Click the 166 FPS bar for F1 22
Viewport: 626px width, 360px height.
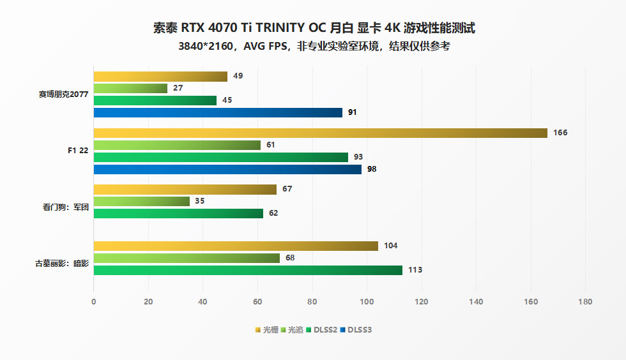(x=320, y=133)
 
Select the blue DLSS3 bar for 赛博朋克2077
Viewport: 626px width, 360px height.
(x=218, y=112)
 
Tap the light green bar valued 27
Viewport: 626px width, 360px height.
(x=130, y=88)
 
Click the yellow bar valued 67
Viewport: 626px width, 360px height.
(x=185, y=189)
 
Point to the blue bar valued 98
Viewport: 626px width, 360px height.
(x=227, y=169)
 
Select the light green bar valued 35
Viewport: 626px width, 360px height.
(x=141, y=201)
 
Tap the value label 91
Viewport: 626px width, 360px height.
(x=352, y=112)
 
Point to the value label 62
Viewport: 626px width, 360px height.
(x=273, y=213)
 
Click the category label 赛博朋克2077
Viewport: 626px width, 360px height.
(x=63, y=94)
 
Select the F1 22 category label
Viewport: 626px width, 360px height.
(x=77, y=151)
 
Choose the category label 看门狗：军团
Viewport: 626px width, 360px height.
(x=65, y=207)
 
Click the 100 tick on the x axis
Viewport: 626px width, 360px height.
(x=367, y=301)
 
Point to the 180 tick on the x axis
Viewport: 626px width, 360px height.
(x=584, y=301)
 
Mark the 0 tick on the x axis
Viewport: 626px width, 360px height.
(x=94, y=301)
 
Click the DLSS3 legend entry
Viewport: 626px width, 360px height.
(x=356, y=330)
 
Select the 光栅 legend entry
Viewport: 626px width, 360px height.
(x=266, y=330)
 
